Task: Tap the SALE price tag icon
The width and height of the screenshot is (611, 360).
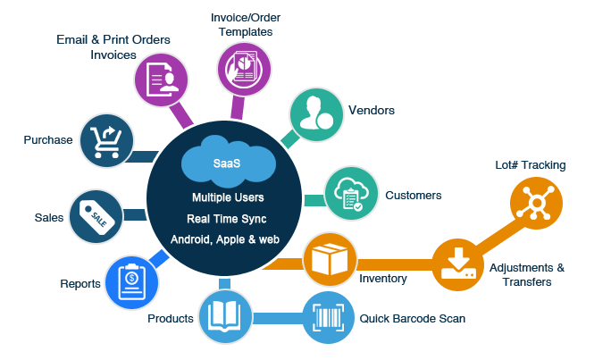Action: (x=96, y=214)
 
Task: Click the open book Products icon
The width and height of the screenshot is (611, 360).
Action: (x=222, y=316)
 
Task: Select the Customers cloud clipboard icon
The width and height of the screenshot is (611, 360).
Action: (x=347, y=194)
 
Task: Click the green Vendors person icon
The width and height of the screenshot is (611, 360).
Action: (x=316, y=115)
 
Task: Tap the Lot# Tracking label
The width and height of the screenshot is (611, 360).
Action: (x=530, y=165)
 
